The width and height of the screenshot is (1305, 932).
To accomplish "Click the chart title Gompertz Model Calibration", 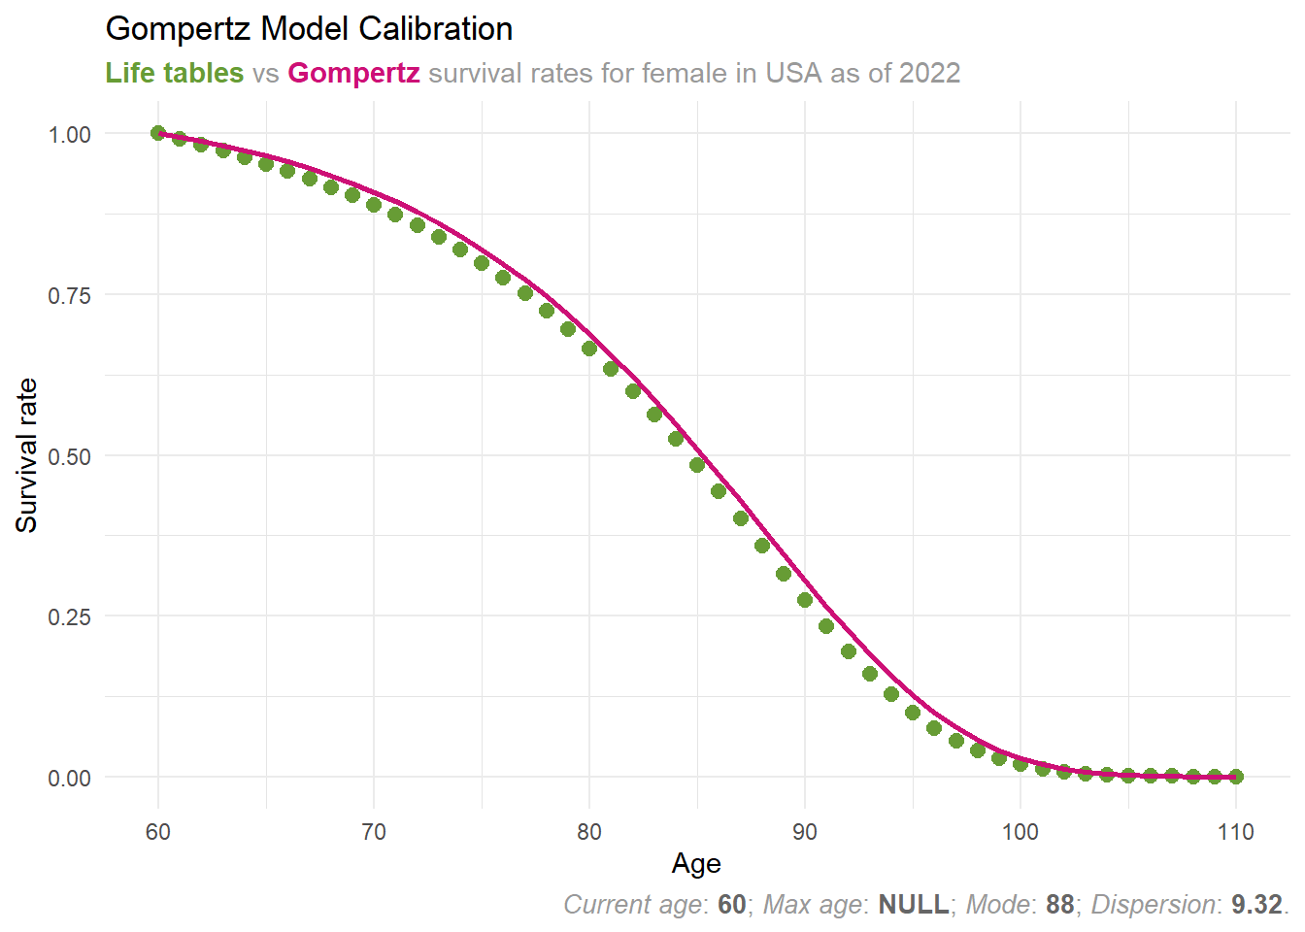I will [x=309, y=29].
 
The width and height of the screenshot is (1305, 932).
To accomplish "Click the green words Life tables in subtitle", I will [x=175, y=73].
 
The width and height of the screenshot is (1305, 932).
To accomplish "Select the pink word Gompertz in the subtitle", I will [x=353, y=73].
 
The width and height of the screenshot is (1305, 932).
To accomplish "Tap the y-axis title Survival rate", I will [x=26, y=455].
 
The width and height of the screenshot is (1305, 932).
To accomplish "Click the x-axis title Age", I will [x=696, y=864].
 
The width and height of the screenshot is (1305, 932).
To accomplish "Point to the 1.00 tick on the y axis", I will [x=70, y=134].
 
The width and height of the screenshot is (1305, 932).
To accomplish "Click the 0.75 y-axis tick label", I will [x=70, y=295].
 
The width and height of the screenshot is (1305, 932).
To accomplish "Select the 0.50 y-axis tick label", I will [x=70, y=456].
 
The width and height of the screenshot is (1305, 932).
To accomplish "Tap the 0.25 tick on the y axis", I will [x=70, y=616].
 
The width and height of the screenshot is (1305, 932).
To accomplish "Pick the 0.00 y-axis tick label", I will [x=70, y=778].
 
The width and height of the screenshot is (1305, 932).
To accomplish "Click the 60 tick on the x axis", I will [x=158, y=832].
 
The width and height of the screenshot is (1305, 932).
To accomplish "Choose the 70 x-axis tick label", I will [x=374, y=832].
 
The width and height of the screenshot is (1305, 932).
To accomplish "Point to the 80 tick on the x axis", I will [x=589, y=832].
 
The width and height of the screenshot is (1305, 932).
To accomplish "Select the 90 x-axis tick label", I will [x=805, y=832].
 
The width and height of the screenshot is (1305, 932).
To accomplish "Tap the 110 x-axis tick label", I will [x=1236, y=832].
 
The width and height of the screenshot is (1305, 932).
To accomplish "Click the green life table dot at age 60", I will [x=158, y=133].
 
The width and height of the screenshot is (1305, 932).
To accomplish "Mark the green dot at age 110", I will [x=1236, y=777].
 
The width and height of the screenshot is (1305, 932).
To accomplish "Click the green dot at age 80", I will [x=589, y=349].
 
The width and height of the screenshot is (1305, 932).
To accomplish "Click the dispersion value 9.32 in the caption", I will [x=1256, y=905].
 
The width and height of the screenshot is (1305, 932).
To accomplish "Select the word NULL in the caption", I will [x=914, y=905].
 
